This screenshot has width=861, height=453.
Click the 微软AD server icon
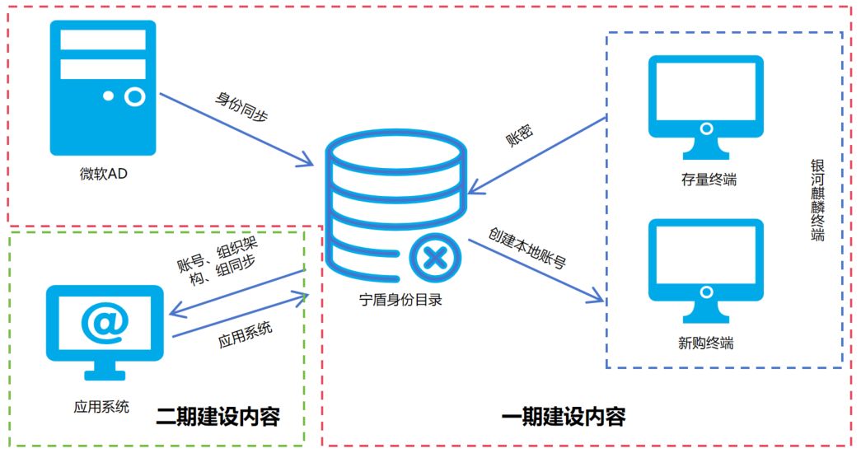tap(103, 88)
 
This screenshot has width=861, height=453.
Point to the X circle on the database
tap(435, 259)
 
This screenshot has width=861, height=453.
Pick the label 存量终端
tap(705, 180)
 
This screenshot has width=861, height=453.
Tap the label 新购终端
tap(705, 343)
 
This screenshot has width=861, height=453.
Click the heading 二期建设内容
tap(218, 418)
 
